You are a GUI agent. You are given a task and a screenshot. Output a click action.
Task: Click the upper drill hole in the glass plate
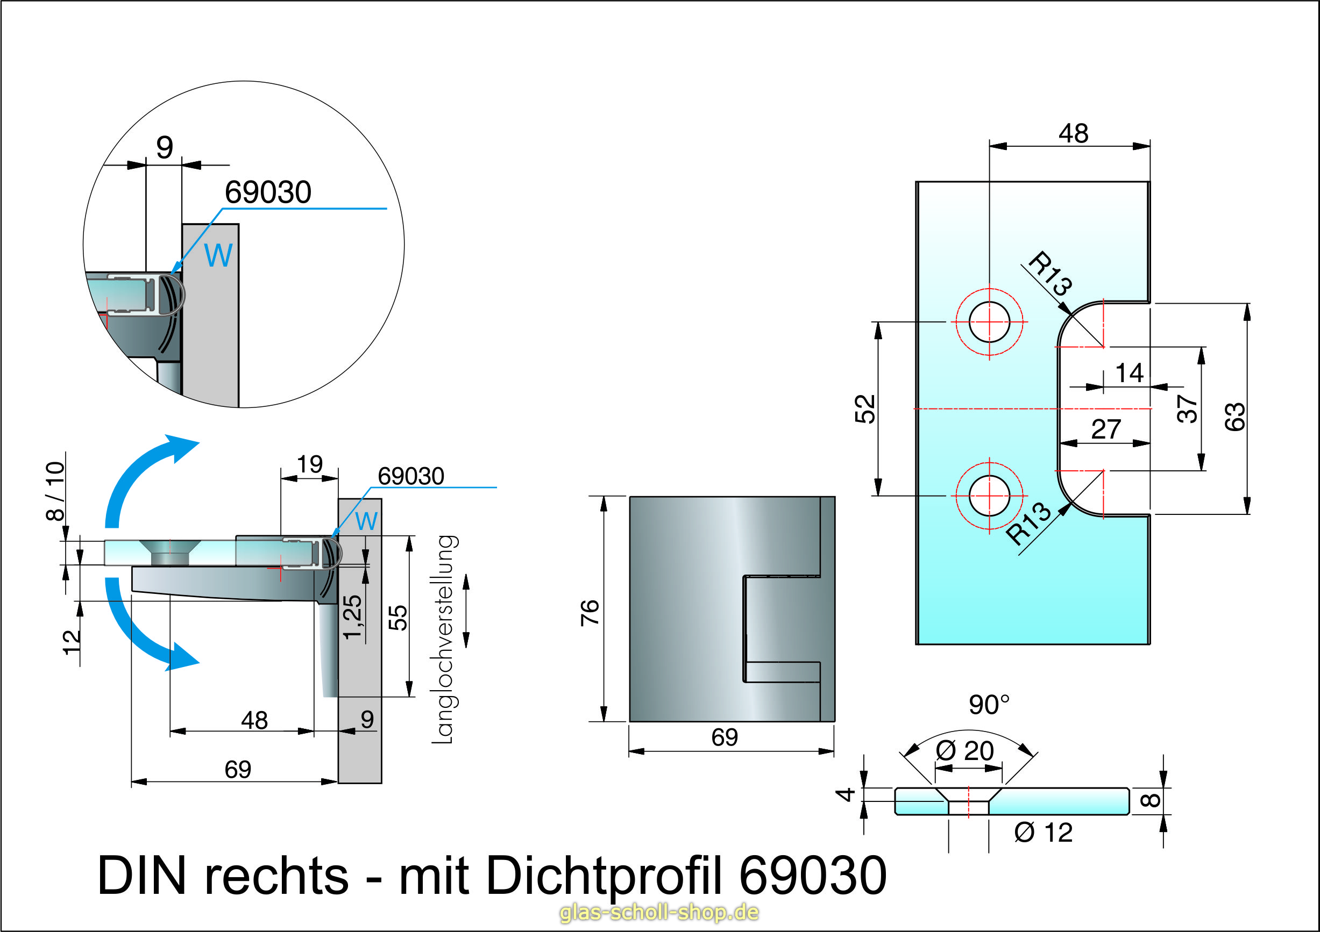[989, 322]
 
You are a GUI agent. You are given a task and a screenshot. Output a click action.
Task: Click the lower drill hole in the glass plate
[989, 496]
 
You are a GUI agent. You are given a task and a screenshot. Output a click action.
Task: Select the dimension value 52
[865, 408]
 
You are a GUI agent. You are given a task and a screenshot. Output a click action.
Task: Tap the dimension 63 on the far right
[1234, 417]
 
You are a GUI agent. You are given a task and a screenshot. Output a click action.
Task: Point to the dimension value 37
[1188, 408]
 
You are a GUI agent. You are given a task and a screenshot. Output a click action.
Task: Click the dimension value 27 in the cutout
[1105, 429]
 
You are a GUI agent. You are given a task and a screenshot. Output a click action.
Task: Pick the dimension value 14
[1129, 373]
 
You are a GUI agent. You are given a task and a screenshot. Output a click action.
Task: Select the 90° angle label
[989, 705]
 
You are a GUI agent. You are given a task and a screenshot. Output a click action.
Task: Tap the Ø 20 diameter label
[964, 750]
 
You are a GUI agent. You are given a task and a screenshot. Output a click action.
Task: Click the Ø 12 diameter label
[1044, 832]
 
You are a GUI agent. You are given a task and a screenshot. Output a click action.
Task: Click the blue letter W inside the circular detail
[218, 255]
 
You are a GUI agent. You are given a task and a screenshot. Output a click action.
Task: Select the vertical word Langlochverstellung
[444, 639]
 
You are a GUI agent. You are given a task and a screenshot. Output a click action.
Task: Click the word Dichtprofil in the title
[604, 875]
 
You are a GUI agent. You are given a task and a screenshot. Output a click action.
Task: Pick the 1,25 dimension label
[353, 617]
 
